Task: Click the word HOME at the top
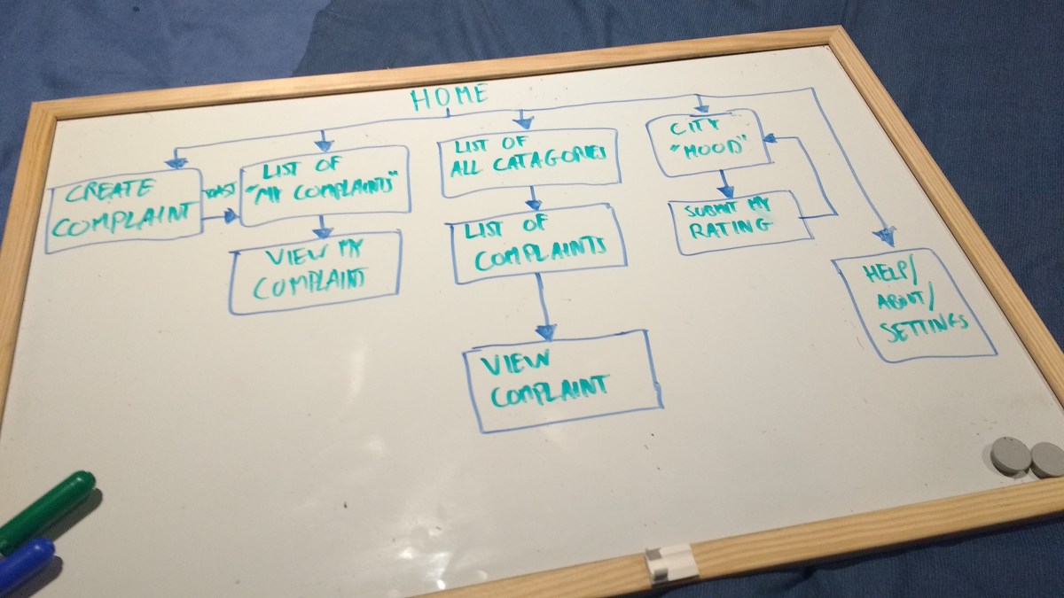(449, 97)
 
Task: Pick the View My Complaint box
(315, 272)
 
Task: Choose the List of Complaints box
(540, 244)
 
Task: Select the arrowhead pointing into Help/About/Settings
(883, 237)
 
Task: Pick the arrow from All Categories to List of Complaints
(533, 197)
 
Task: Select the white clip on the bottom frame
(669, 563)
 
